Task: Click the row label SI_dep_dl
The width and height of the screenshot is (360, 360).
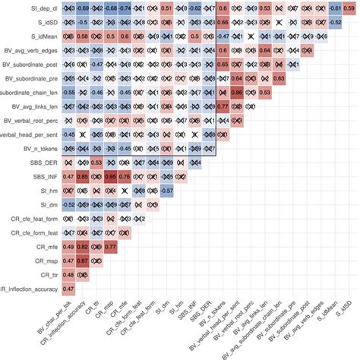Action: coord(33,8)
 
